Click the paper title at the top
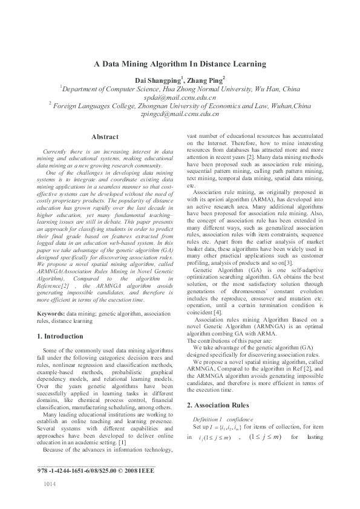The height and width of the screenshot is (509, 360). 180,63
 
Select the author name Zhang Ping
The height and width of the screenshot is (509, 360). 206,79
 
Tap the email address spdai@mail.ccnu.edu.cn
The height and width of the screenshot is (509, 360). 180,97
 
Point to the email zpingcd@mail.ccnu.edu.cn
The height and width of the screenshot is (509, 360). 180,114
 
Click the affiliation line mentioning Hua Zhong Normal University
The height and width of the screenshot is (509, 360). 180,88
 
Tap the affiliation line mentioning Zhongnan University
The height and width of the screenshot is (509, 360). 180,106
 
